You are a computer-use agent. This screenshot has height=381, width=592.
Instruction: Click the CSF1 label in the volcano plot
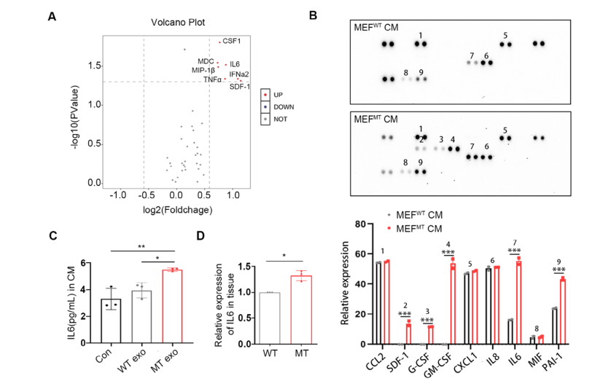click(232, 41)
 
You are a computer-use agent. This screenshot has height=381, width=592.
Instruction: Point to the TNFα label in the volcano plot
click(213, 79)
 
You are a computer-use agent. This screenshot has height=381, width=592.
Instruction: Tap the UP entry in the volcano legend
click(278, 95)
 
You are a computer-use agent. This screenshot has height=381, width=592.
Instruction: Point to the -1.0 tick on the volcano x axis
click(117, 196)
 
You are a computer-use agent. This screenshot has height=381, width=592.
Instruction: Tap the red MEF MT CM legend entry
click(416, 227)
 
